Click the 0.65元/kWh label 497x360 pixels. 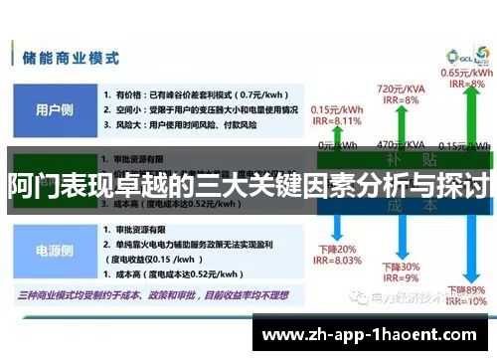[x=465, y=73]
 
